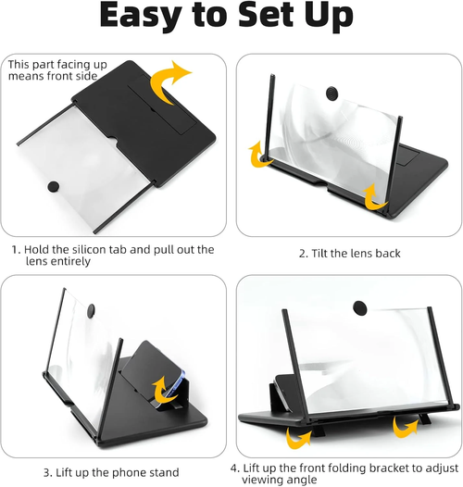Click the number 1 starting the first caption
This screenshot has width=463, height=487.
click(14, 249)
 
